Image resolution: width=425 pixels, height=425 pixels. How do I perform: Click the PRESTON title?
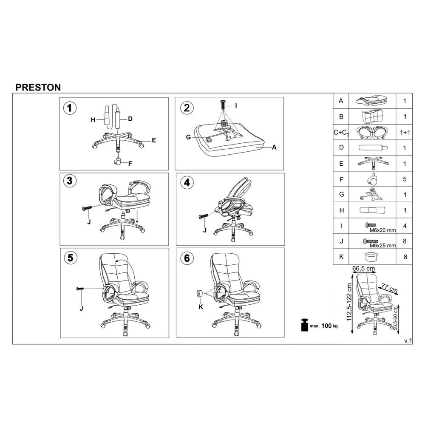click(38, 87)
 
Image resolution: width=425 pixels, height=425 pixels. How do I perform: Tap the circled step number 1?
click(70, 108)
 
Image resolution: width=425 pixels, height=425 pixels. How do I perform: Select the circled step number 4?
click(187, 183)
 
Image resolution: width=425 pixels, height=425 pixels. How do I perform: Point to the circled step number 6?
click(187, 258)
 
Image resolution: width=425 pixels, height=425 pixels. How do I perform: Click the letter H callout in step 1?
click(93, 120)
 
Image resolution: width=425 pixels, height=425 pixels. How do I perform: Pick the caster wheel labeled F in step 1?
click(118, 161)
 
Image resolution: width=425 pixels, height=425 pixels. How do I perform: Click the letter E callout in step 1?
click(154, 140)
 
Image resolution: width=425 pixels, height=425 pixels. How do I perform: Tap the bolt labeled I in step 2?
click(223, 105)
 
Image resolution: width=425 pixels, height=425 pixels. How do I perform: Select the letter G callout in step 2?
click(188, 137)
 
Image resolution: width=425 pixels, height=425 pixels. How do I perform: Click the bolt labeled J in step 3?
click(87, 208)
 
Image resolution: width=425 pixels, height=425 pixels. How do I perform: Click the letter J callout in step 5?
click(81, 308)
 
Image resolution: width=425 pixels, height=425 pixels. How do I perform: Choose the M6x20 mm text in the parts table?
click(383, 230)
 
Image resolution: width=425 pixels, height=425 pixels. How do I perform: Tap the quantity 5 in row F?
click(405, 179)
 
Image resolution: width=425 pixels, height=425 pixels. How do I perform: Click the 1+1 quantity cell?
click(405, 133)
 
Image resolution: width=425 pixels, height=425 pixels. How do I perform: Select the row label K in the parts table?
click(341, 257)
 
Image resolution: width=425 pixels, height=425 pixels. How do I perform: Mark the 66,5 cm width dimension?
click(363, 268)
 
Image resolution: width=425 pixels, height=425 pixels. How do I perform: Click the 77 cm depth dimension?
click(389, 288)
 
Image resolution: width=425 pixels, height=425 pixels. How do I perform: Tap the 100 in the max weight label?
click(326, 326)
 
